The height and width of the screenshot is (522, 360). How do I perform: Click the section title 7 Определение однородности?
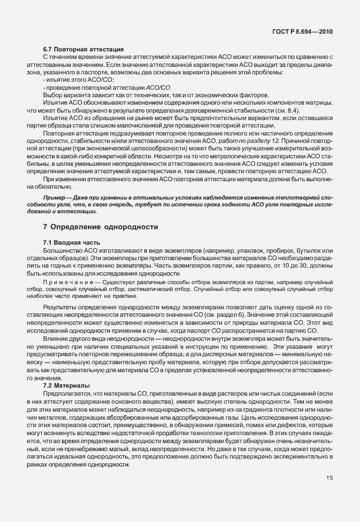click(101, 228)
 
